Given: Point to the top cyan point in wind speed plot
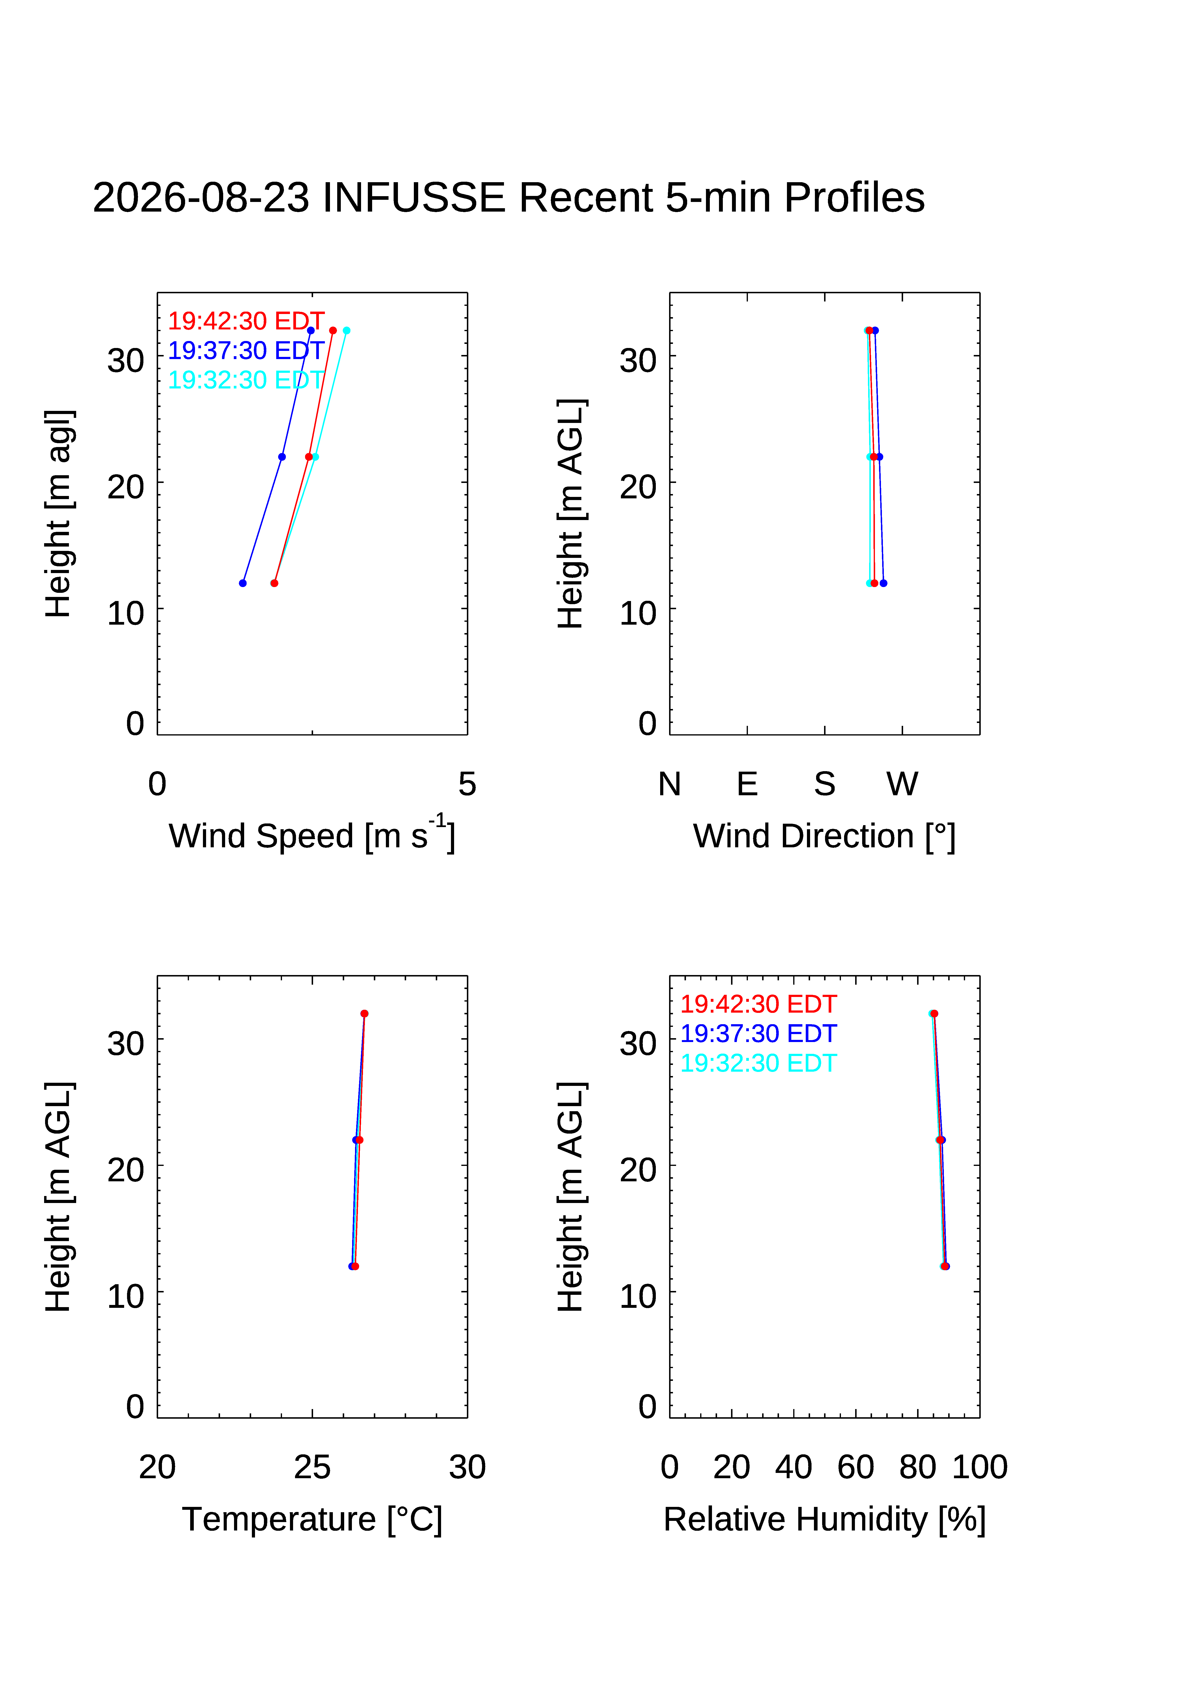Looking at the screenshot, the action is (346, 331).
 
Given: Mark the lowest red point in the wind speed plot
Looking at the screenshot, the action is (274, 583).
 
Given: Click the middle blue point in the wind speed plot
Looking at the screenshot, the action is (282, 457).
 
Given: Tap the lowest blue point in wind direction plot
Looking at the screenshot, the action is (883, 583).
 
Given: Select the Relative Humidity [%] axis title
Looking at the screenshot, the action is (824, 1519).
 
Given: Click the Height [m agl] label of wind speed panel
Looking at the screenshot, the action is (59, 513).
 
